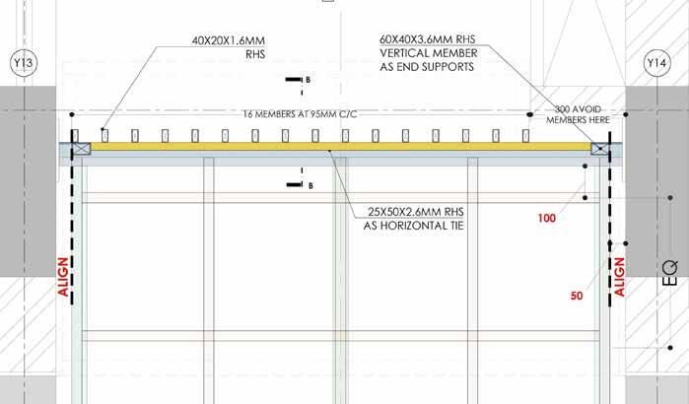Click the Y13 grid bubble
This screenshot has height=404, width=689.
click(x=22, y=64)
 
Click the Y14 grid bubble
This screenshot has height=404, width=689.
click(x=655, y=64)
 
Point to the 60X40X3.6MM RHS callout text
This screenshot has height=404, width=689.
click(x=428, y=40)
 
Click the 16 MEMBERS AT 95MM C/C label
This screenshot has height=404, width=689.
click(x=298, y=115)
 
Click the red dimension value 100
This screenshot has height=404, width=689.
click(x=548, y=217)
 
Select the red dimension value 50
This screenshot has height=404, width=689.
click(x=579, y=294)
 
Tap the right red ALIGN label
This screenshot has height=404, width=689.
click(x=620, y=276)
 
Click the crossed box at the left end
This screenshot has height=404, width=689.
click(x=80, y=148)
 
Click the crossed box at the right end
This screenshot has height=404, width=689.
click(x=599, y=148)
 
